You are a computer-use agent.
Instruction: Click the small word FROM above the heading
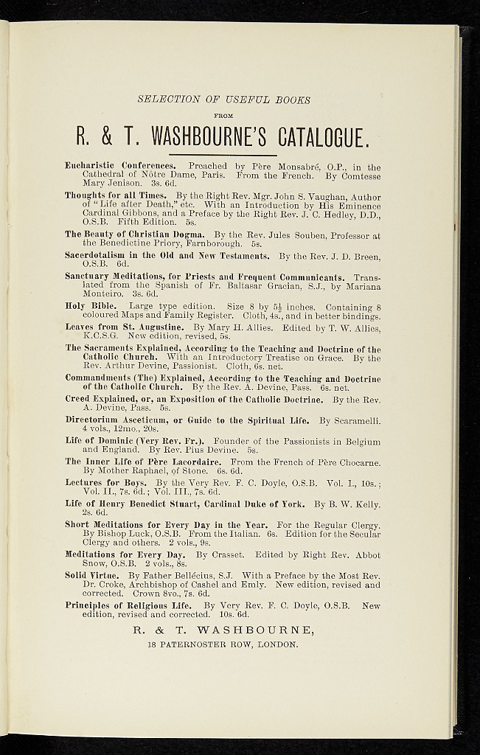click(223, 116)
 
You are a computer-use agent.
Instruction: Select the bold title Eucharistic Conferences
click(120, 167)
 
